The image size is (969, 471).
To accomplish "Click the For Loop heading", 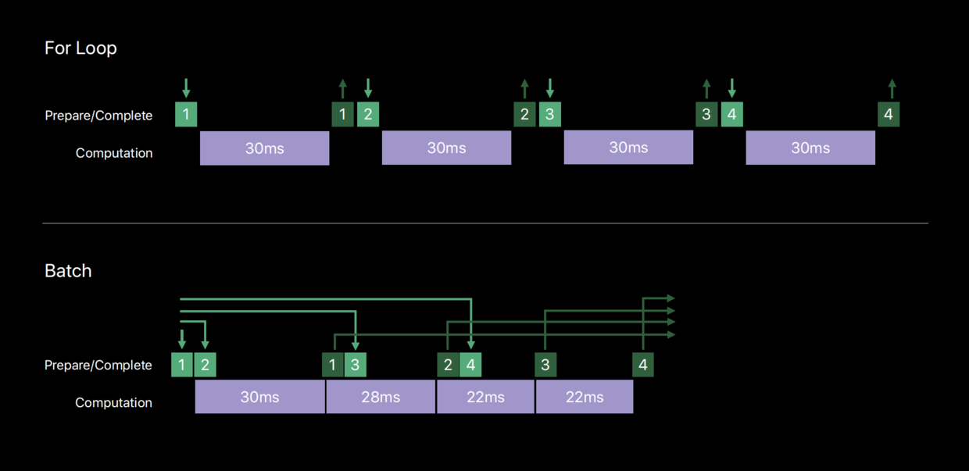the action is click(x=80, y=48).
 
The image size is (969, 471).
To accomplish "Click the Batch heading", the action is click(x=68, y=271).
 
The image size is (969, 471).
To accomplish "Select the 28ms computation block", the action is click(x=381, y=397).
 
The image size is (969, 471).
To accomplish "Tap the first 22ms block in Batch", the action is click(x=485, y=397).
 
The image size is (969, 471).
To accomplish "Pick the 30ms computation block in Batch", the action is click(x=259, y=397).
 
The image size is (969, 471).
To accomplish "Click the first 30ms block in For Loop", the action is click(x=264, y=148).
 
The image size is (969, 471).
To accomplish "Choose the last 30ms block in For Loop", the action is click(x=810, y=148).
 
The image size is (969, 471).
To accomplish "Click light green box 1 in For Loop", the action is click(x=186, y=114).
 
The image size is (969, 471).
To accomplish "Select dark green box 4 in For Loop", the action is click(x=888, y=114).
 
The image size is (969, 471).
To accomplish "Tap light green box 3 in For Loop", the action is click(x=550, y=114).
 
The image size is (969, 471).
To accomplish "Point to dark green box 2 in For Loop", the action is click(x=524, y=114).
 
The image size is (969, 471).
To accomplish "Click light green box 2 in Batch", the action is click(x=205, y=365).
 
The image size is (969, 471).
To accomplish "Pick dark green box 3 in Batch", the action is click(x=545, y=365).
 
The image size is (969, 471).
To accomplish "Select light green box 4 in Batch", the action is click(x=470, y=365).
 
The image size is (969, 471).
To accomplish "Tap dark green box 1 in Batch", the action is click(x=333, y=365).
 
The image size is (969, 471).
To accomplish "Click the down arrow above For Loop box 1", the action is click(x=186, y=87).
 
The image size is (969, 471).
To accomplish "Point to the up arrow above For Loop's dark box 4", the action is click(x=892, y=88).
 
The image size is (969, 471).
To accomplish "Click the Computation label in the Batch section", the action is click(x=113, y=403).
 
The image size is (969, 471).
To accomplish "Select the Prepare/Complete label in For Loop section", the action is click(x=98, y=116).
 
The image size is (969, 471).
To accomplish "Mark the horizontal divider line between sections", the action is click(x=485, y=223).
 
